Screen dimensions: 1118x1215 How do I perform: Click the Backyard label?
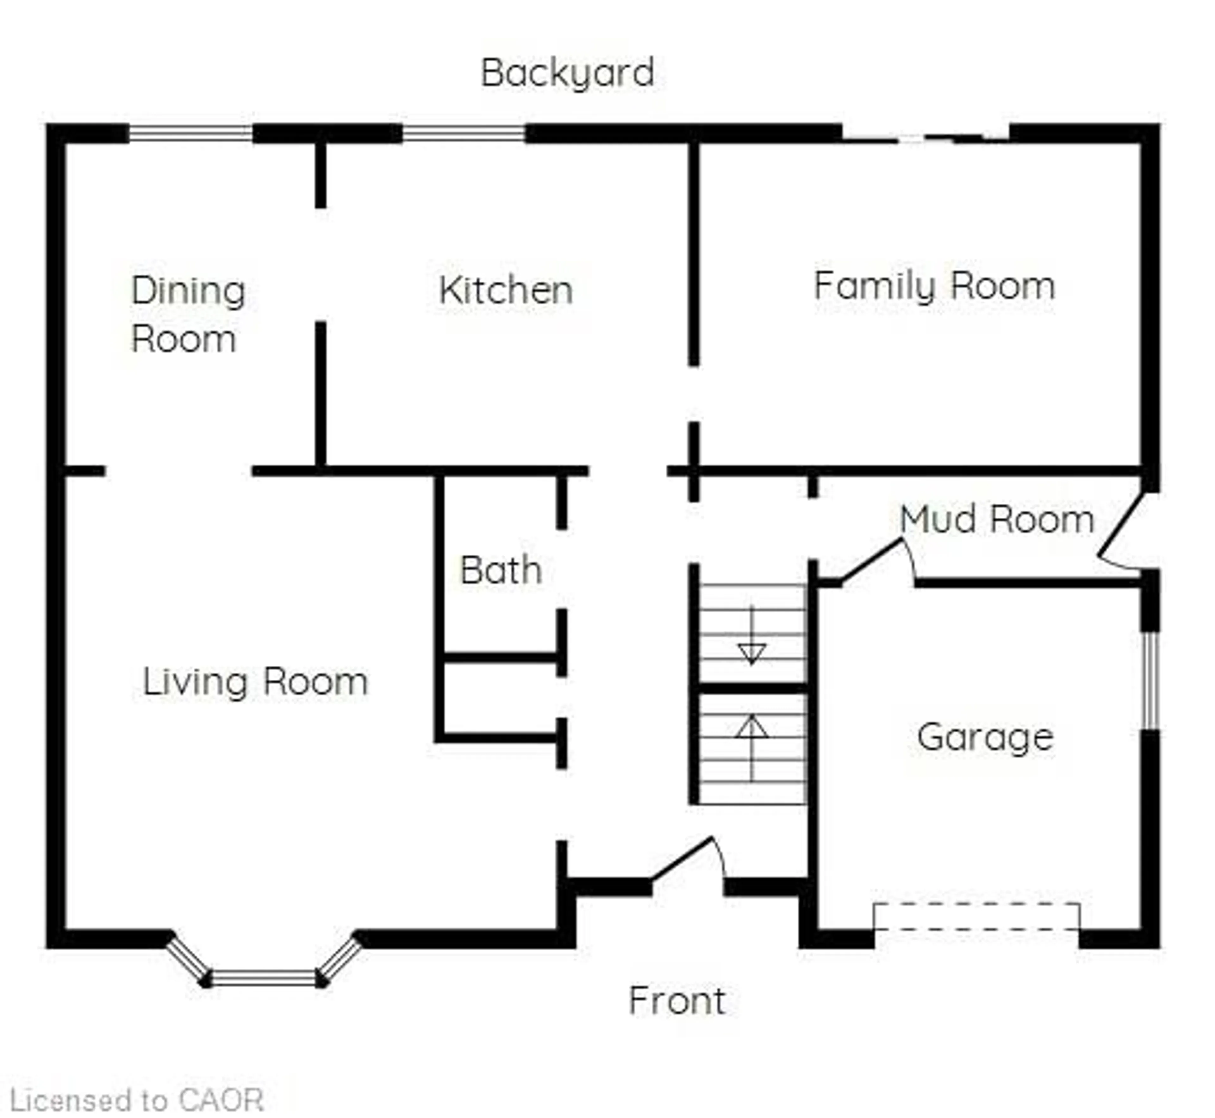567,73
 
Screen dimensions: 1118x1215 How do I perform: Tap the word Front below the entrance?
677,1001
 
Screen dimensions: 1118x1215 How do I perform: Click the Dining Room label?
188,315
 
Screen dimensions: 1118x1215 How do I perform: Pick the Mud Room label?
997,519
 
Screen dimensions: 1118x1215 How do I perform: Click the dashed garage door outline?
976,916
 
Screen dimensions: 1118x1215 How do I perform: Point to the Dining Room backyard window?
190,133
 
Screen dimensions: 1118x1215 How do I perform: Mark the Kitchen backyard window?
464,133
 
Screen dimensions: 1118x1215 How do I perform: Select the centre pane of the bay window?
264,977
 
